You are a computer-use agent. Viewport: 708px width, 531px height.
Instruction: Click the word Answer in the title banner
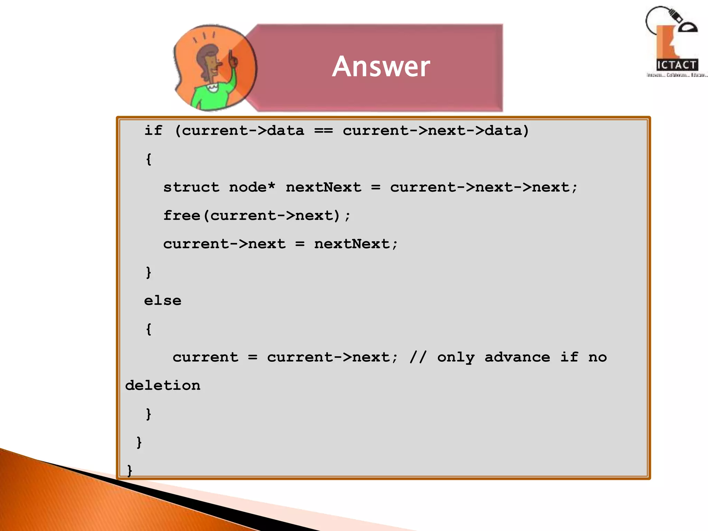[381, 66]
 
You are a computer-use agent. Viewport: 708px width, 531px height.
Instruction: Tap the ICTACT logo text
[677, 65]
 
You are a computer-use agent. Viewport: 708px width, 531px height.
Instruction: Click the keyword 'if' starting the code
[153, 131]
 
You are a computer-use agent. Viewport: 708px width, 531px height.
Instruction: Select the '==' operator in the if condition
[323, 131]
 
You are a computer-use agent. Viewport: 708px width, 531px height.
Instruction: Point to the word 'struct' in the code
[191, 187]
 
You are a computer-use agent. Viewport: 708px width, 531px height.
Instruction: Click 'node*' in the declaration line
[252, 187]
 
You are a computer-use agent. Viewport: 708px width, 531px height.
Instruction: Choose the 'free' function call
[182, 216]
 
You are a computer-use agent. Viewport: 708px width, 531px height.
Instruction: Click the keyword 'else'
[162, 301]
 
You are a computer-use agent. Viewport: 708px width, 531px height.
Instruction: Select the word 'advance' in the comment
[517, 357]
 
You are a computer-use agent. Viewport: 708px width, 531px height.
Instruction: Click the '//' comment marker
[418, 357]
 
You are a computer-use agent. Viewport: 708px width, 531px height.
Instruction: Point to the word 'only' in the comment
[456, 357]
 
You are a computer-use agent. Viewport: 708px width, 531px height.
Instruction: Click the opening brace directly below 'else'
[149, 329]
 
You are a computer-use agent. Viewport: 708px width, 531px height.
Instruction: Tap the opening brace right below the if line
[149, 159]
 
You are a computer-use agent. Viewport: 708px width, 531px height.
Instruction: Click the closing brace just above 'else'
[149, 272]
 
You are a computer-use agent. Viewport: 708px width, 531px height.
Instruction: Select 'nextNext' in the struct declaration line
[323, 187]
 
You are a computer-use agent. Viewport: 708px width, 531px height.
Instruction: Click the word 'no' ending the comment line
[597, 357]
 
